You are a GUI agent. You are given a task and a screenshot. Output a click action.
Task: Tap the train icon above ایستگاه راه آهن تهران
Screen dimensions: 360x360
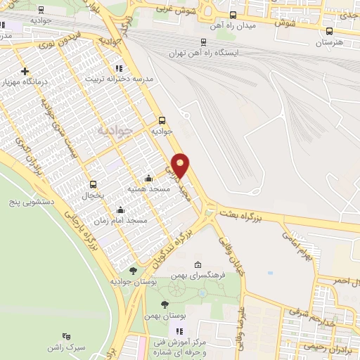tap(204, 41)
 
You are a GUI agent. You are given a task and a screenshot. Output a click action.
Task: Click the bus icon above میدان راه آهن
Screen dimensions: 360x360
tap(233, 13)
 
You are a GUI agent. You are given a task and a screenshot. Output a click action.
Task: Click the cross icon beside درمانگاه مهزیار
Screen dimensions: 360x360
tap(25, 71)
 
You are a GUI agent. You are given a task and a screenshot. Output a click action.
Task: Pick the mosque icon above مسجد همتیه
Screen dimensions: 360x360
tap(148, 179)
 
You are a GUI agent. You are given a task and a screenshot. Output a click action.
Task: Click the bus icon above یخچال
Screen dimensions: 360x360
tap(91, 183)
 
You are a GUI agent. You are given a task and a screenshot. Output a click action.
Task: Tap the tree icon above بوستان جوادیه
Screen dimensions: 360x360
tap(133, 271)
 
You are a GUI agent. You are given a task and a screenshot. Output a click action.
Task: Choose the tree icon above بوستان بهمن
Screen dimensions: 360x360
tap(165, 304)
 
